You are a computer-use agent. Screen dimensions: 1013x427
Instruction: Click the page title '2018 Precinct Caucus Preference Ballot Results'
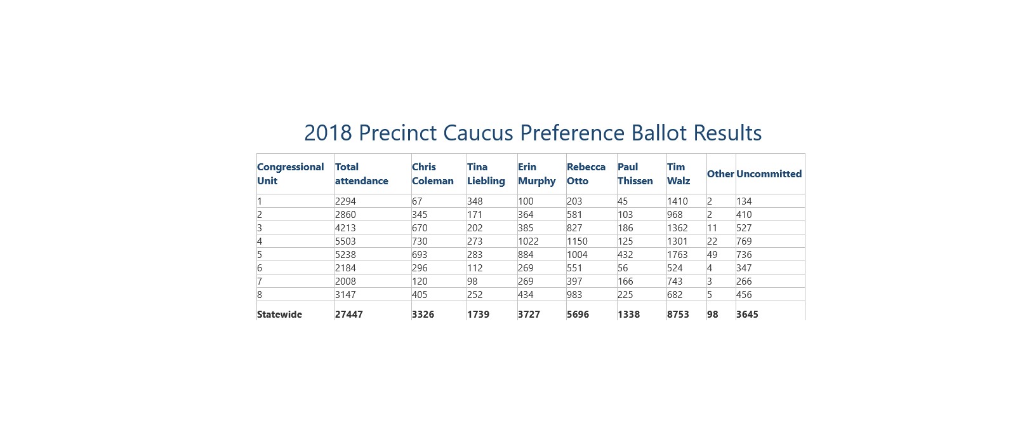pos(533,133)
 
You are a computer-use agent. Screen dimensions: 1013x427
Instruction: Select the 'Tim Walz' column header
pos(679,174)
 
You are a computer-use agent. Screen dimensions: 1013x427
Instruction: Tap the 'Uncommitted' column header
pos(769,174)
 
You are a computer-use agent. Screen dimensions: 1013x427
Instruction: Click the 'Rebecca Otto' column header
pos(586,174)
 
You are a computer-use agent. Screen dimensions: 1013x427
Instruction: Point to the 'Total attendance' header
pos(361,174)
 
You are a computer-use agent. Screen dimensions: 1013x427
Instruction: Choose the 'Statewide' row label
pos(279,315)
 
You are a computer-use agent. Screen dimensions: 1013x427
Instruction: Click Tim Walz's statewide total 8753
pos(678,315)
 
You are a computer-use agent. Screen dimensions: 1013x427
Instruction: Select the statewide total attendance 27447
pos(348,315)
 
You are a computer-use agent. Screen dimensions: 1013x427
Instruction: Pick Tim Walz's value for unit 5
pos(677,254)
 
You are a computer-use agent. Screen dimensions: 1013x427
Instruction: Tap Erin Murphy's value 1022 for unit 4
pos(528,241)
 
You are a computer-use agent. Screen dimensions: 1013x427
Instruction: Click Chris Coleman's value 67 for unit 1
pos(417,201)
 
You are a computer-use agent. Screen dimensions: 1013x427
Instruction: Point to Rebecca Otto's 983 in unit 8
pos(574,295)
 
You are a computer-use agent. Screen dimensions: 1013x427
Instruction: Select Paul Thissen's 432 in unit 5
pos(625,254)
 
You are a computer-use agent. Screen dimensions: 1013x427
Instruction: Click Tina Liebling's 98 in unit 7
pos(473,281)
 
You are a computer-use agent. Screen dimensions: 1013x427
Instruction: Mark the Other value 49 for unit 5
pos(712,254)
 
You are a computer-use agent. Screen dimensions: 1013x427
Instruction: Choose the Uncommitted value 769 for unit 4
pos(744,241)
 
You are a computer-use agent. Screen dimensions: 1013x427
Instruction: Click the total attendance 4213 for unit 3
pos(345,227)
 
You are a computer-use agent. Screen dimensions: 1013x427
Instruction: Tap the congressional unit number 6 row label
pos(260,268)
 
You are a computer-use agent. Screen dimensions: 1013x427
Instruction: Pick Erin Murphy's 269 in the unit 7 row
pos(526,281)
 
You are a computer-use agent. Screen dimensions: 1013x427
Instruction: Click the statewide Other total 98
pos(713,315)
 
